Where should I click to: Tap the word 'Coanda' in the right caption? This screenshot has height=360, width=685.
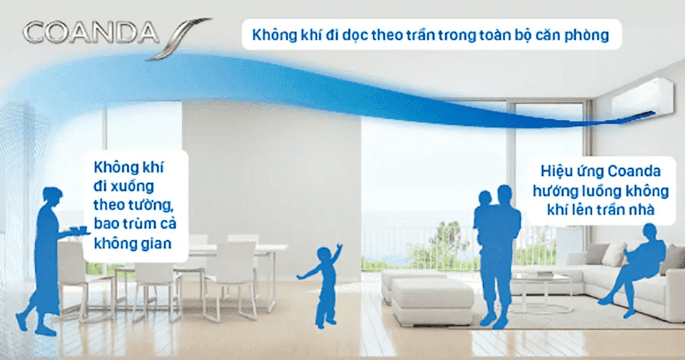coord(634,172)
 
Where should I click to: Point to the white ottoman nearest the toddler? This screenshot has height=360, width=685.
coord(431,300)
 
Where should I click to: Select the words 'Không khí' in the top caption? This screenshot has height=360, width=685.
coord(276,35)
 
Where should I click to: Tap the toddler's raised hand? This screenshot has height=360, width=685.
coord(339,247)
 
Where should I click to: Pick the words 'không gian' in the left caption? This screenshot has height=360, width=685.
coord(133,244)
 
